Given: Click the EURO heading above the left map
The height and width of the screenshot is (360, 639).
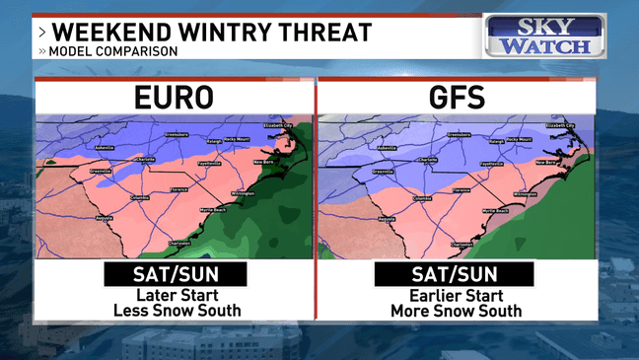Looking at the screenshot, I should pos(174,100).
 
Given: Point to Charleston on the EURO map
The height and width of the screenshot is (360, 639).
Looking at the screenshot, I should pos(179,243).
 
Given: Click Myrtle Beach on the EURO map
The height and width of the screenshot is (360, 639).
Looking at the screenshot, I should pos(215,210).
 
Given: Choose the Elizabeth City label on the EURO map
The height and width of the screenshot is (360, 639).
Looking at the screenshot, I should pos(279,125).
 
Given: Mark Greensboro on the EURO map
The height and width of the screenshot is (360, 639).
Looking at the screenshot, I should pos(176,133).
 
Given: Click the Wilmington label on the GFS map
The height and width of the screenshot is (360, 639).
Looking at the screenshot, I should pos(525,194).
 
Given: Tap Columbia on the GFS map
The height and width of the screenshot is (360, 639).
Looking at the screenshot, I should pos(423,198).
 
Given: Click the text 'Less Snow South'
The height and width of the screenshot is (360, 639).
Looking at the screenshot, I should pos(175,311).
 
